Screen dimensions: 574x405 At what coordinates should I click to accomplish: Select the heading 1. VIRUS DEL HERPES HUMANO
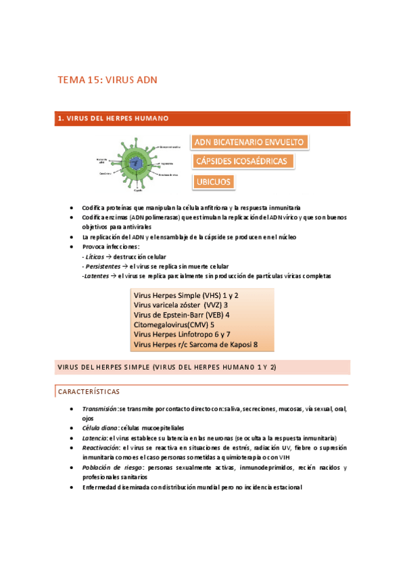coord(112,118)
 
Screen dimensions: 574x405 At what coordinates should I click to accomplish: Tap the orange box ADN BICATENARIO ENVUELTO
coord(250,142)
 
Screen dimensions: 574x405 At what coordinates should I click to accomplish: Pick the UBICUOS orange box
coord(213,181)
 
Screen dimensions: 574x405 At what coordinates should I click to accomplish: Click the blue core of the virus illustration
coord(137,162)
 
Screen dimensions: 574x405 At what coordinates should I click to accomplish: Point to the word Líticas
coord(95,257)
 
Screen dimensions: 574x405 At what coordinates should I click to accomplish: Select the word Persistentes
coord(101,267)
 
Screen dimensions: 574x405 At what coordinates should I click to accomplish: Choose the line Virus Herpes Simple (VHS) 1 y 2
coord(186,296)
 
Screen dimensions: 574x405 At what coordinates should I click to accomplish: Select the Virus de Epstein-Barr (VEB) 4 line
coord(182,315)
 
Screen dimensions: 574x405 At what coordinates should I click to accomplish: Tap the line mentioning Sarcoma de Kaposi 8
coord(195,345)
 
